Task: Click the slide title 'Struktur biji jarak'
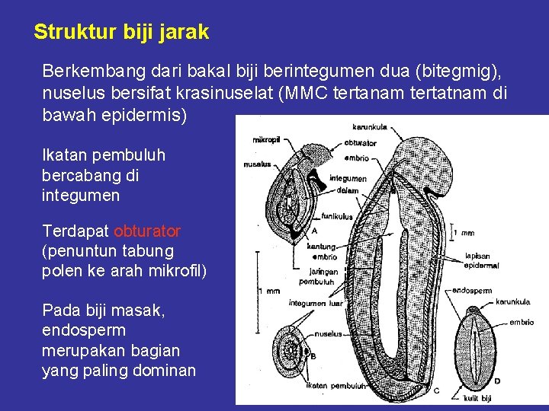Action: [x=121, y=33]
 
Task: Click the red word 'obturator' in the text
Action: [x=147, y=231]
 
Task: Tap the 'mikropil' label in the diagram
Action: [x=266, y=140]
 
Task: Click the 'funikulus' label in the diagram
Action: [x=336, y=217]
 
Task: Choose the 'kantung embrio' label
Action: [x=322, y=252]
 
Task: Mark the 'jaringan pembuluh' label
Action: [x=316, y=276]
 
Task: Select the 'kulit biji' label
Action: [x=478, y=398]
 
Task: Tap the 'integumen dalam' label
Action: [x=348, y=184]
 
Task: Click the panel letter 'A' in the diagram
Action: [x=315, y=231]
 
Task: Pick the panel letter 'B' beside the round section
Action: [x=313, y=355]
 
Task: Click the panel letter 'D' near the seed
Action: [x=497, y=381]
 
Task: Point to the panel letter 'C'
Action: [x=436, y=390]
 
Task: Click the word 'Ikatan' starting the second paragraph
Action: [x=64, y=156]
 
